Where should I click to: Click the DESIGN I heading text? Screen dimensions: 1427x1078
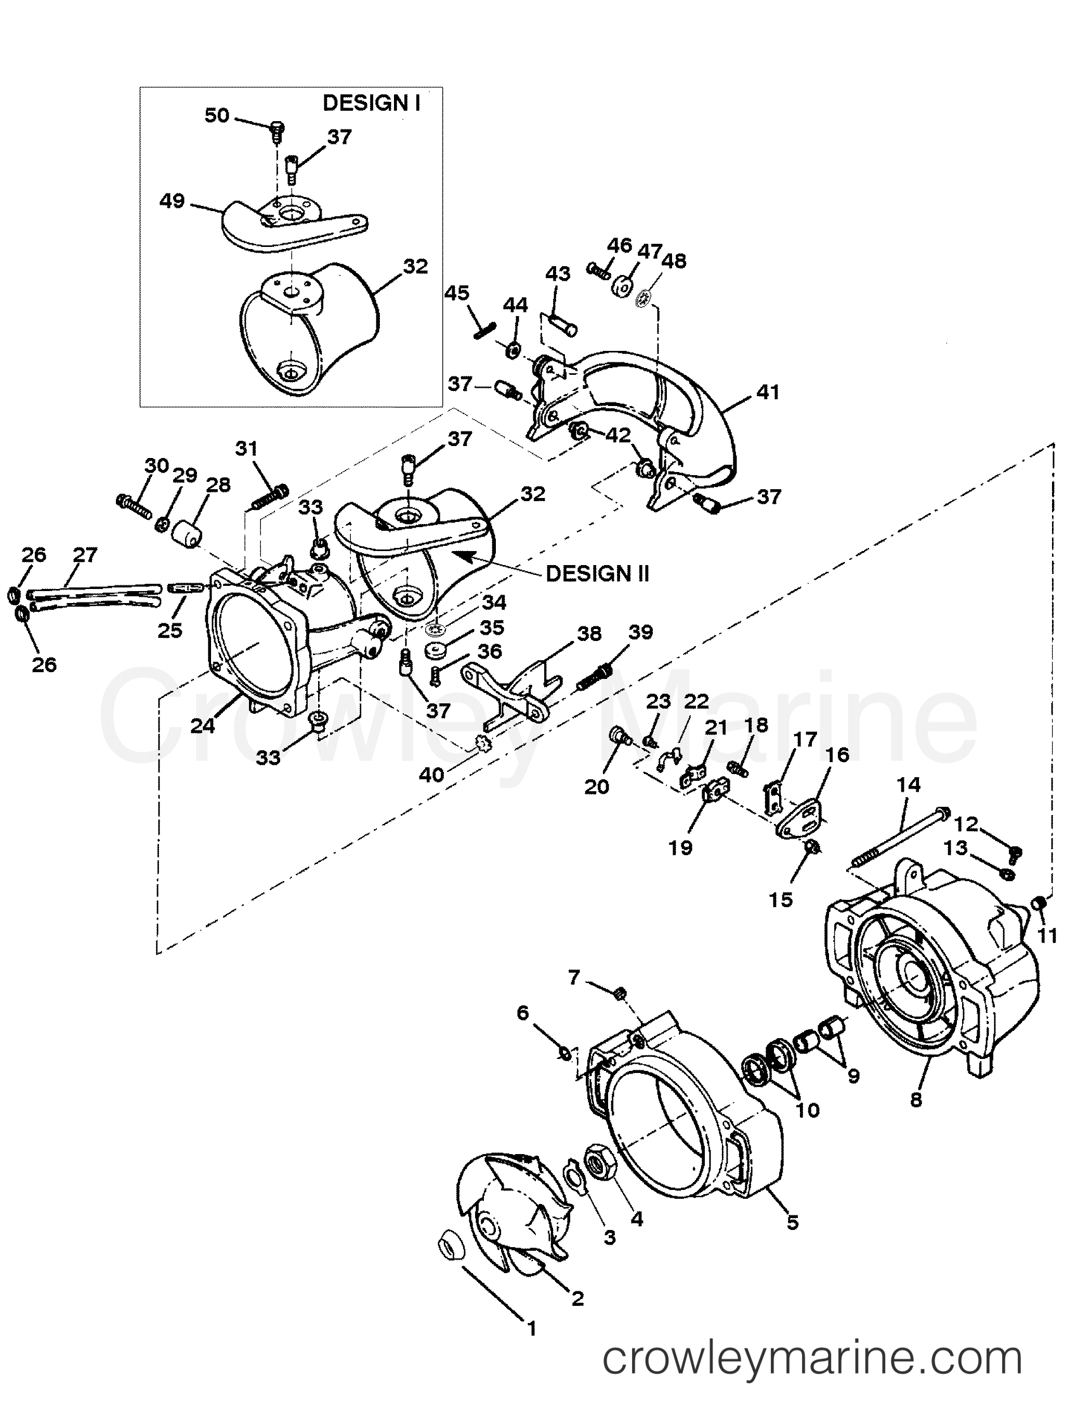coord(371,103)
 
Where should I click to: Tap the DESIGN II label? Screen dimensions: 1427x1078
coord(597,573)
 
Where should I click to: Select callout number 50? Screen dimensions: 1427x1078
coord(217,115)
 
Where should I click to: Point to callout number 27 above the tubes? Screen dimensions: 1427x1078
coord(85,554)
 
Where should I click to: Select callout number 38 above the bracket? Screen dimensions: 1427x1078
coord(588,634)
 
